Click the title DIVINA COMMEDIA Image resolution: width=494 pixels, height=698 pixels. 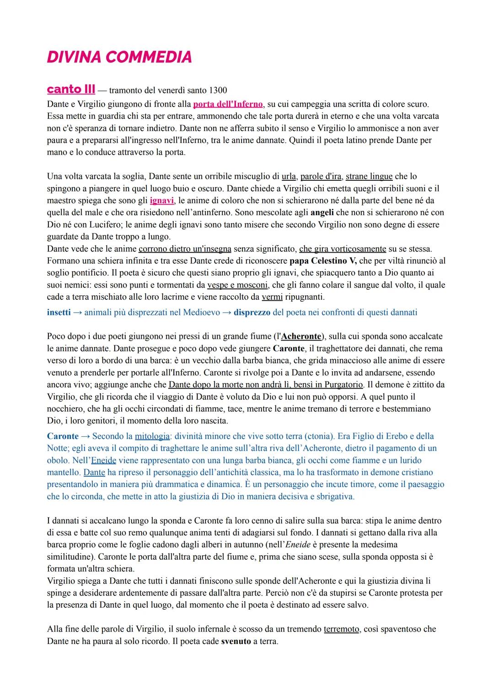coord(119,57)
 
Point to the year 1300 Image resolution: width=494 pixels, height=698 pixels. coord(217,90)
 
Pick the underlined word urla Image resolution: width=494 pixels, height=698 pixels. coord(289,176)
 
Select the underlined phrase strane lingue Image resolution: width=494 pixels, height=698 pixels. coord(369,176)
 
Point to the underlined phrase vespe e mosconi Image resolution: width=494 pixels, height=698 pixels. coord(237,285)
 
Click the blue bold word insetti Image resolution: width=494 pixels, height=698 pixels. coord(59,313)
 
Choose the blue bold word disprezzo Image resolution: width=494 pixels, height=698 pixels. coord(252,313)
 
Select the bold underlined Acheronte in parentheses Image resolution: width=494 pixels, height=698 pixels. coord(301,336)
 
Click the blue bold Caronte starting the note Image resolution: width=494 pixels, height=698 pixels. coord(62,436)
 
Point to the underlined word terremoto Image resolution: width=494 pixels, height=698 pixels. coord(341,629)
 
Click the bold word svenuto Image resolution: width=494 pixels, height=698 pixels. coord(236,641)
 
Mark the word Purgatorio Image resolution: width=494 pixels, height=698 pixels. coord(339,384)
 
